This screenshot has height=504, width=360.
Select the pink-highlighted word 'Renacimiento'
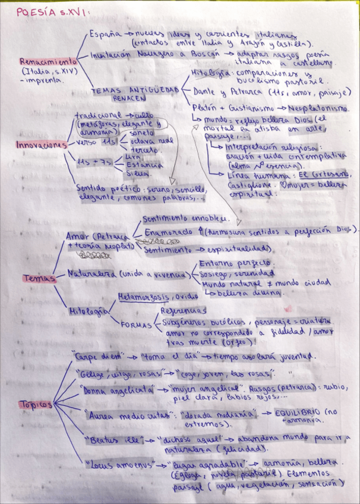[48, 61]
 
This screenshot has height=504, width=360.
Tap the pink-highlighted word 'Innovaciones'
[41, 145]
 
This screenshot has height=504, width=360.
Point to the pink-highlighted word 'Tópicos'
[36, 404]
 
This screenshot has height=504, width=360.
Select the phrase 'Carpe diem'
[98, 356]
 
